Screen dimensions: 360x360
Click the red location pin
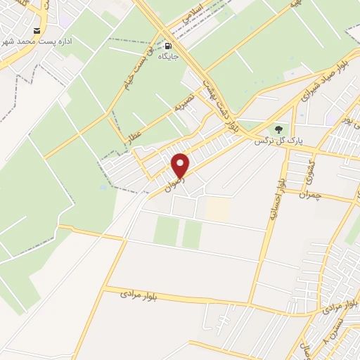pyautogui.click(x=181, y=165)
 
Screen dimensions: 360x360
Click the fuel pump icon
pyautogui.click(x=167, y=44)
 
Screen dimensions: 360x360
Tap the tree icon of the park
pyautogui.click(x=278, y=129)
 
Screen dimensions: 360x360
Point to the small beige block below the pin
pyautogui.click(x=218, y=207)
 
